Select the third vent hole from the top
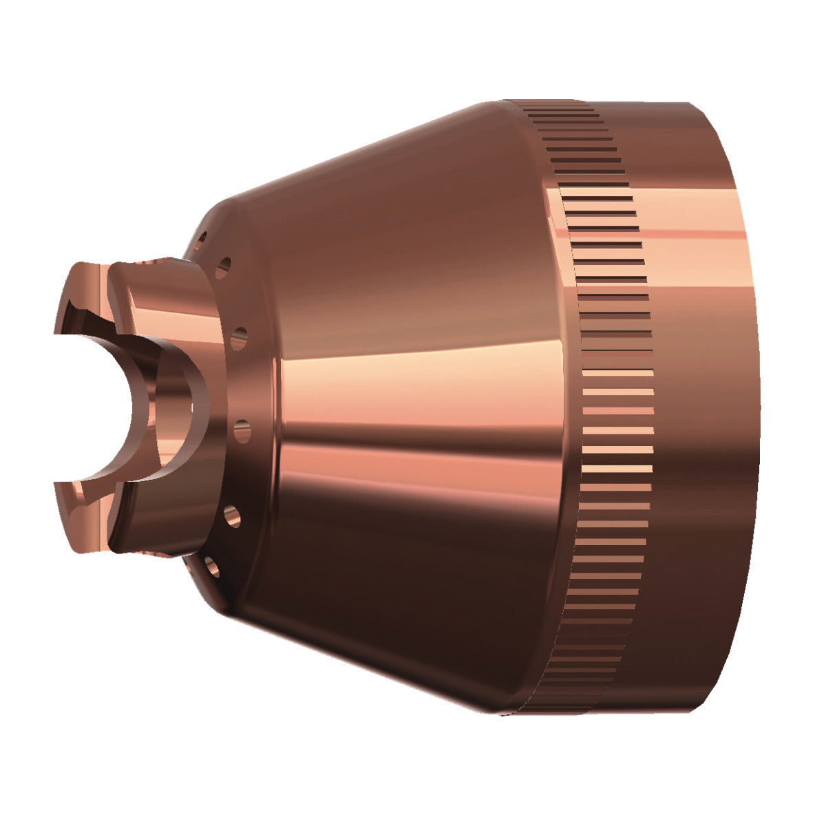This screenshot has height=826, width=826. pos(239,337)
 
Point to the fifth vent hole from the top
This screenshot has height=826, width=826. pos(232,515)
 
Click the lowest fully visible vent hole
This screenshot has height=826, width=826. pos(211,566)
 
